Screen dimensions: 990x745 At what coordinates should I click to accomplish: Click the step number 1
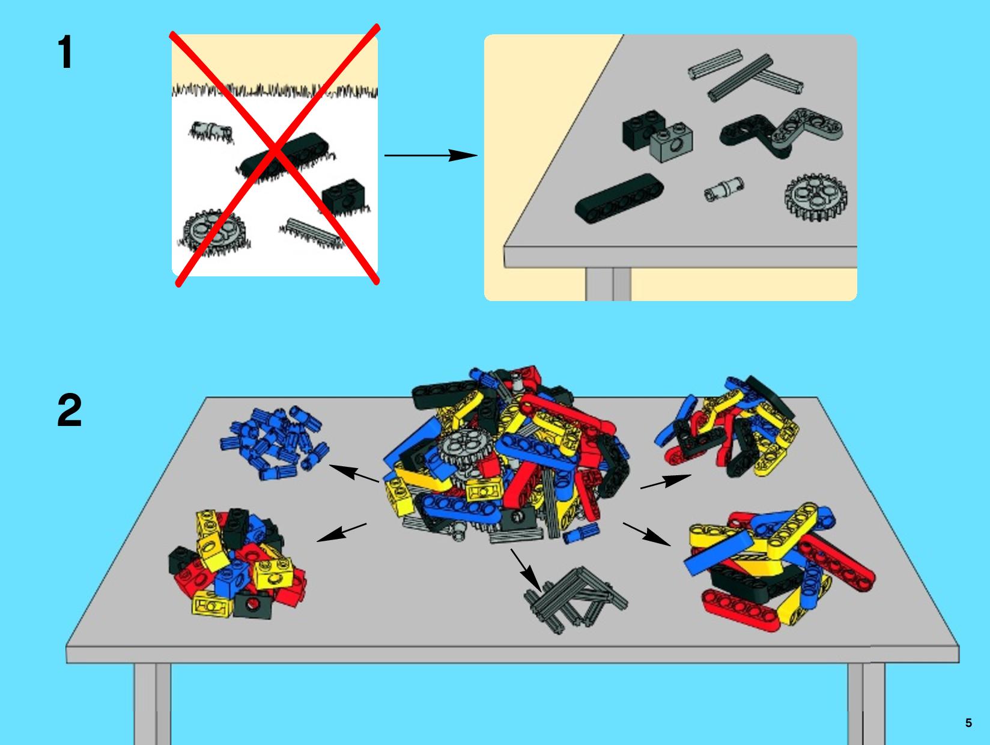(x=65, y=52)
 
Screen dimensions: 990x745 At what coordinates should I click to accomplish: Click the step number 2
(x=70, y=410)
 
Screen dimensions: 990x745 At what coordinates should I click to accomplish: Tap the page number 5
(x=968, y=723)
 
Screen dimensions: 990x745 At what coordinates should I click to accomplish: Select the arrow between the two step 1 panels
(x=431, y=155)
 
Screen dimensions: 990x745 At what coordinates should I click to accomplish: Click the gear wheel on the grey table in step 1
(x=815, y=197)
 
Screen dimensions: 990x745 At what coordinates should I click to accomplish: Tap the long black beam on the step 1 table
(x=619, y=198)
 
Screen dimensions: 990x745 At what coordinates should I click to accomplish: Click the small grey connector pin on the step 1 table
(x=724, y=189)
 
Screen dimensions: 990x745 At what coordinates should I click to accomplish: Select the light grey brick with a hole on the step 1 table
(x=671, y=142)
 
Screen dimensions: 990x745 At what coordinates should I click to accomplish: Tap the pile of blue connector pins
(x=275, y=442)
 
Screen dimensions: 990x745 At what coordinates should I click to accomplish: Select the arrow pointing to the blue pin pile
(x=354, y=473)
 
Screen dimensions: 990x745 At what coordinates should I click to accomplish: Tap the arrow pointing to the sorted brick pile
(x=341, y=532)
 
